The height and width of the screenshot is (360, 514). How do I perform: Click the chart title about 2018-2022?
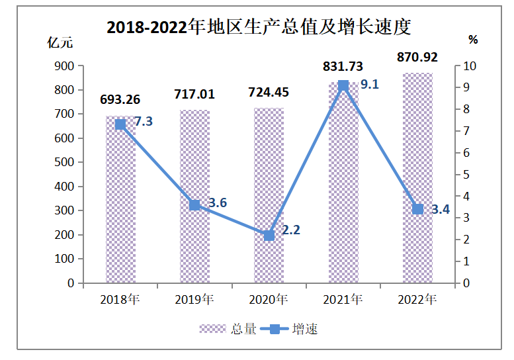[x=259, y=27]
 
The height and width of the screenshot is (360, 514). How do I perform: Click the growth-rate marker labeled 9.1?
[x=343, y=85]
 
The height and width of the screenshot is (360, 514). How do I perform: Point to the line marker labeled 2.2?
[x=269, y=235]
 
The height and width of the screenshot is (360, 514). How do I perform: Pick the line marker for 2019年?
[x=194, y=205]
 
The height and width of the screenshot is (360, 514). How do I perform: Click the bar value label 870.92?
[x=417, y=57]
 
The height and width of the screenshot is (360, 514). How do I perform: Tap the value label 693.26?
[x=120, y=100]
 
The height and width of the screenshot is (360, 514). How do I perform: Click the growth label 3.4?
[x=441, y=210]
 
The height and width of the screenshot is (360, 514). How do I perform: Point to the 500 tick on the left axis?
[x=65, y=162]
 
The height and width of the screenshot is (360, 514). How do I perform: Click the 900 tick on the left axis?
[x=65, y=66]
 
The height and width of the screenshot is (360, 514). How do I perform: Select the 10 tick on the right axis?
[x=468, y=66]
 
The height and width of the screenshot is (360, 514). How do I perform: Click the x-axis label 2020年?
[x=269, y=299]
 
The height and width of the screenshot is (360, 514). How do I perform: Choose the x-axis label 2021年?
[x=343, y=299]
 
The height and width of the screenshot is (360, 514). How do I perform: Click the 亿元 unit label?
[x=60, y=42]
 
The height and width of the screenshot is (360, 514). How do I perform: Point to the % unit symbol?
[x=473, y=40]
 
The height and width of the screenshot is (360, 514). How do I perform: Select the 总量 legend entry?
[x=229, y=329]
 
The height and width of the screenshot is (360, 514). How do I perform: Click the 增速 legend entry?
[x=290, y=329]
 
